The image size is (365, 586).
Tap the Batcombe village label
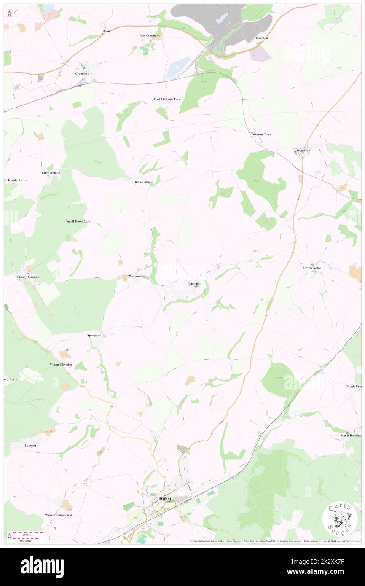coord(194,284)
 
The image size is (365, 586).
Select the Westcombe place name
coord(137,276)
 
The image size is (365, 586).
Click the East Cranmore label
coord(150,35)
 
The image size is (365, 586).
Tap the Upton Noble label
coord(313,268)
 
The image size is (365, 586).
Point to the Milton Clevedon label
coord(61,364)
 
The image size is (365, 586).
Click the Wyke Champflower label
coord(59,515)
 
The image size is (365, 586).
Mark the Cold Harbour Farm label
coord(167,99)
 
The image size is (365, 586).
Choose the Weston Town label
coord(262,134)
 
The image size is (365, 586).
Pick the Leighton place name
coord(262,38)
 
